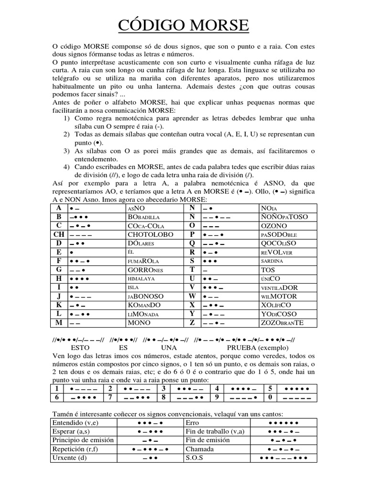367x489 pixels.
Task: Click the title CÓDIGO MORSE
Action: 183,25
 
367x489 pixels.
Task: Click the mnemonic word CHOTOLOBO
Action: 148,234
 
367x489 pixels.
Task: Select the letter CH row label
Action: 59,234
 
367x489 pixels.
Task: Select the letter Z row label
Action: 192,323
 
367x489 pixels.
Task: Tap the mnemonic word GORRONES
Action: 146,269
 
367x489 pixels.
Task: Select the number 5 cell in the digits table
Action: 270,388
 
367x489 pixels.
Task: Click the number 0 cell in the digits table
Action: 270,397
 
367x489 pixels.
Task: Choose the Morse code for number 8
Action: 189,397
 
